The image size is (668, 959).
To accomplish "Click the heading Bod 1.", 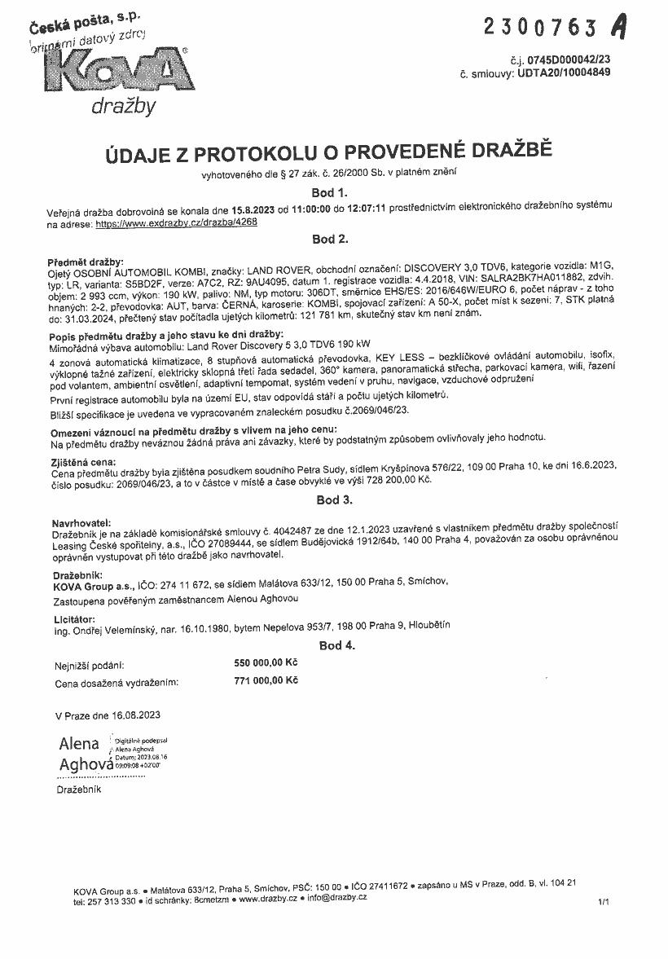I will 330,193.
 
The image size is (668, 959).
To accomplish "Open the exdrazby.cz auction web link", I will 176,222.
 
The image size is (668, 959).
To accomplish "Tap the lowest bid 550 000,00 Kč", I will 266,663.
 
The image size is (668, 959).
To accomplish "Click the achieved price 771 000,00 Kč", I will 266,680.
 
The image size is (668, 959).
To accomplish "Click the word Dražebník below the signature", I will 79,790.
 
